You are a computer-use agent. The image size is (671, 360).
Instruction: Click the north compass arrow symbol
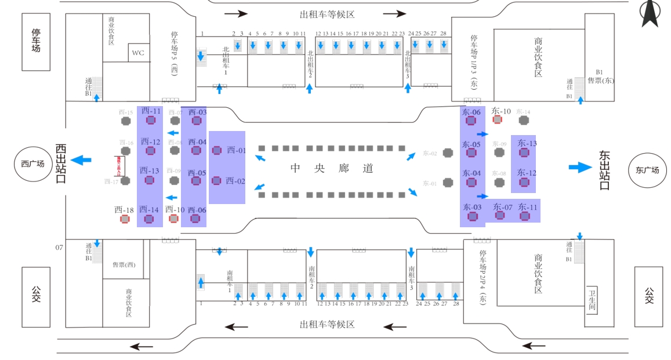[x=649, y=13]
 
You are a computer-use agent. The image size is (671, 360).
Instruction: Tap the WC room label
[x=137, y=53]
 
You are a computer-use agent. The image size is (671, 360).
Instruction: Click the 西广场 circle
[x=32, y=163]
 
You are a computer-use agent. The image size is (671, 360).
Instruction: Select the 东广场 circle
[x=647, y=170]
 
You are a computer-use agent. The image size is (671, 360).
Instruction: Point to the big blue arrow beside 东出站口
[x=580, y=167]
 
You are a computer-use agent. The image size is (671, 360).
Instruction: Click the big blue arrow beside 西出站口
[x=81, y=159]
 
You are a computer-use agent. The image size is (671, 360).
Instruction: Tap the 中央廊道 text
[x=332, y=169]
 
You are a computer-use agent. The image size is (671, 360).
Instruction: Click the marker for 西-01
[x=216, y=150]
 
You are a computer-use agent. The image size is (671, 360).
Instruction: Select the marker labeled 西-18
[x=125, y=219]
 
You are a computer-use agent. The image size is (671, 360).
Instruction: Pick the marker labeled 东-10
[x=497, y=119]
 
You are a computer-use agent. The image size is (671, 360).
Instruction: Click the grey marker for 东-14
[x=524, y=121]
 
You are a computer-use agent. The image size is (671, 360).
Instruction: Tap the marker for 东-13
[x=524, y=152]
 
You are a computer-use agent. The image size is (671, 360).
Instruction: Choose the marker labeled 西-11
[x=151, y=120]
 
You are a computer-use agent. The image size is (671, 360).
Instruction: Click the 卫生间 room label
[x=591, y=300]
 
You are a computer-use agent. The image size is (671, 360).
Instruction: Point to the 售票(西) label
[x=123, y=264]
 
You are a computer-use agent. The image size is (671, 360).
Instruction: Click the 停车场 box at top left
[x=36, y=41]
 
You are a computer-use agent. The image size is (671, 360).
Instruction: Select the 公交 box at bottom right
[x=648, y=296]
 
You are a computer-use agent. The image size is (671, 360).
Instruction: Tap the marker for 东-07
[x=499, y=216]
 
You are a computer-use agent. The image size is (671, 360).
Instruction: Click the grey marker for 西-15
[x=126, y=121]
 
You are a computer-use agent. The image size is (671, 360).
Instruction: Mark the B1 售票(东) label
[x=600, y=77]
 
